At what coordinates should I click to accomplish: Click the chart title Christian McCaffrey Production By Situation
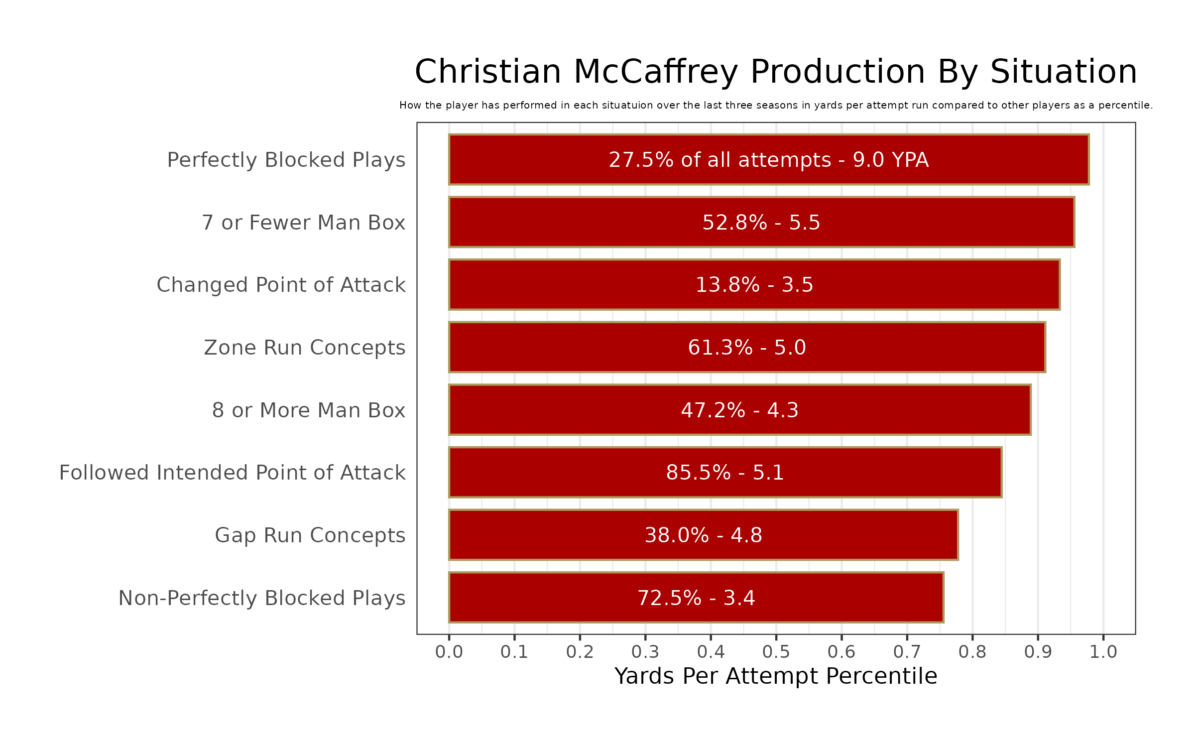pos(776,72)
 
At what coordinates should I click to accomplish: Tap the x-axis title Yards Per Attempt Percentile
pos(776,676)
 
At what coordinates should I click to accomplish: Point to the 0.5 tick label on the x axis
pos(776,652)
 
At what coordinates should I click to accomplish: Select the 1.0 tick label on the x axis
pos(1103,652)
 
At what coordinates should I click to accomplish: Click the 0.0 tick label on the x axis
pos(449,652)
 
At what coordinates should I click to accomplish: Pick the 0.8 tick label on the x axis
pos(972,652)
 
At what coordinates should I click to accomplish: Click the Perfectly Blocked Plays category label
pos(286,160)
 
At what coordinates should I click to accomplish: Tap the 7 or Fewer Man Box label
pos(304,223)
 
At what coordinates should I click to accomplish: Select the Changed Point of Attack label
pos(281,285)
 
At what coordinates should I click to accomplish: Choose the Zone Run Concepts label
pos(305,348)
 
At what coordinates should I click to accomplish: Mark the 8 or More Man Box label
pos(309,410)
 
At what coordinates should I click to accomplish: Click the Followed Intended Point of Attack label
pos(233,473)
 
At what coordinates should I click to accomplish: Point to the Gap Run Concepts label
pos(310,535)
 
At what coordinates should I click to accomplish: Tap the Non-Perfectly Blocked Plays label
pos(262,598)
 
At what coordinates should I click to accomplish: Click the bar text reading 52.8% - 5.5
pos(761,223)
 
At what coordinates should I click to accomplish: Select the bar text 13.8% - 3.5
pos(754,285)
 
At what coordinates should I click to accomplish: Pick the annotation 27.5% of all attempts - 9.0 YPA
pos(769,160)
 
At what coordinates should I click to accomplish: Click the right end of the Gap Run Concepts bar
pos(956,535)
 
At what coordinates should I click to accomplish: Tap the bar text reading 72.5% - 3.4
pos(696,598)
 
